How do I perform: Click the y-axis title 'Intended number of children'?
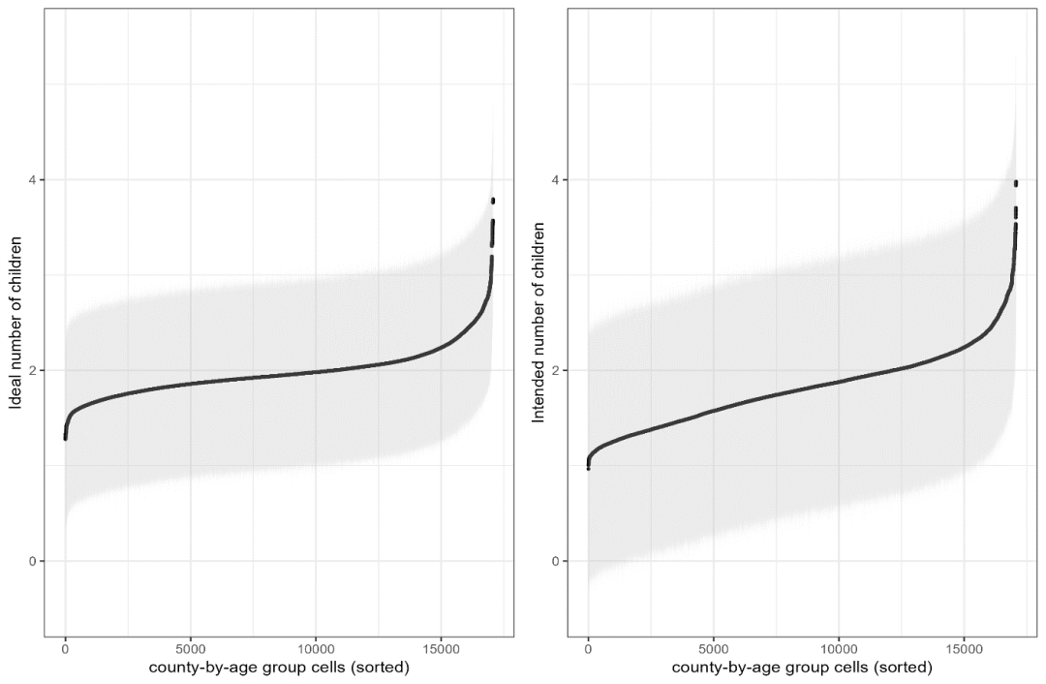(x=538, y=322)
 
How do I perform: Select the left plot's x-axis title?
(x=279, y=668)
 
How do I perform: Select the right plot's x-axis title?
(x=802, y=668)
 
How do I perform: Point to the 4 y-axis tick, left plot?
(x=32, y=180)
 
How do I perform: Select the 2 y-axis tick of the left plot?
(x=32, y=370)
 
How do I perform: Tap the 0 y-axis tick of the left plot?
(x=32, y=561)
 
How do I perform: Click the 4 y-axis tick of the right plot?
(x=555, y=180)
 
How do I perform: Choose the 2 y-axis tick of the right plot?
(x=555, y=370)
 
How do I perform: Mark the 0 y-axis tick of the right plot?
(x=555, y=561)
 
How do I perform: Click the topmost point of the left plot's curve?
(x=493, y=201)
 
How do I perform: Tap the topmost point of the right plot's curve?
(x=1016, y=183)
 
